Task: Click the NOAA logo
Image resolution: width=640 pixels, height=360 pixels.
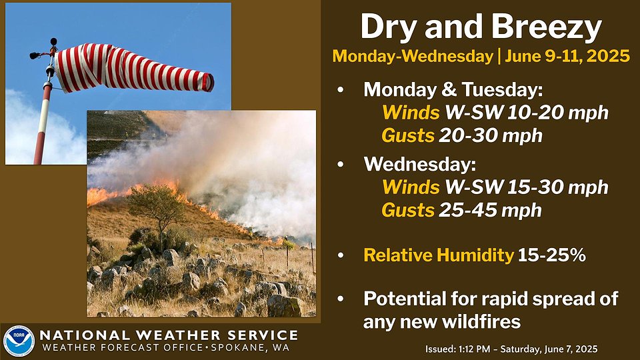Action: (x=19, y=341)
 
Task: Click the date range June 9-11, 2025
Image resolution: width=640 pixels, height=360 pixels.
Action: (x=567, y=56)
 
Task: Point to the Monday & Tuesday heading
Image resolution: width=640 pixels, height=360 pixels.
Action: (x=453, y=90)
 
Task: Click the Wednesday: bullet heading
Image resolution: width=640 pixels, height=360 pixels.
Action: (x=419, y=164)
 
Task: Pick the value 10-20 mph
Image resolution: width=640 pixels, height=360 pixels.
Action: (x=557, y=113)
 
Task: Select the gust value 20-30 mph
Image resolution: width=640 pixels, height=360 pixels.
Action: (x=490, y=136)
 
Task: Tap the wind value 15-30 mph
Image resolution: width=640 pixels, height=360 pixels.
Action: (x=557, y=187)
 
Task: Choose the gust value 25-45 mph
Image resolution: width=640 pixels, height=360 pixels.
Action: (x=490, y=210)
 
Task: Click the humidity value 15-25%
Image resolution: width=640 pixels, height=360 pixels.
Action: (x=552, y=255)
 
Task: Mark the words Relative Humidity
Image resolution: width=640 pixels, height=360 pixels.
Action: (x=439, y=255)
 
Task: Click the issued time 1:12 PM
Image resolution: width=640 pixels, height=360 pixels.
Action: (x=470, y=349)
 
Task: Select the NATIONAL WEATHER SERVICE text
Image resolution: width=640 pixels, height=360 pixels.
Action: (x=169, y=335)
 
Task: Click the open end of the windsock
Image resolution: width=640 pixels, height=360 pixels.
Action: (x=208, y=82)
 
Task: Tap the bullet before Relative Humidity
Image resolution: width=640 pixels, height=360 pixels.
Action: (x=341, y=255)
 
